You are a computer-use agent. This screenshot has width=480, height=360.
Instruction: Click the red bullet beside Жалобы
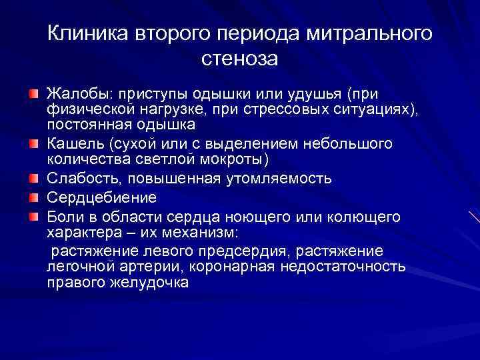tap(33, 91)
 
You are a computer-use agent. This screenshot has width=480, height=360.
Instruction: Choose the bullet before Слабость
tap(33, 179)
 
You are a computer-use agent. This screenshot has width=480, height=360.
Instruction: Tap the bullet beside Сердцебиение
tap(33, 197)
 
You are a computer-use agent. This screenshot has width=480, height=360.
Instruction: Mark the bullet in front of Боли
tap(33, 216)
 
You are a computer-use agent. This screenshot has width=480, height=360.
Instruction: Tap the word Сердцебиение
tap(101, 197)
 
